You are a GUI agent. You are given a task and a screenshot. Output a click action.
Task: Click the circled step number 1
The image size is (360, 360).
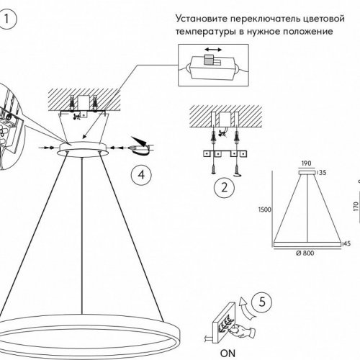click(6, 19)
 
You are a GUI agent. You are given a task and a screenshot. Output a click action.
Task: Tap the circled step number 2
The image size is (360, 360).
click(224, 187)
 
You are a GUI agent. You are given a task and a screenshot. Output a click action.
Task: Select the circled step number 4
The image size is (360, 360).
click(141, 175)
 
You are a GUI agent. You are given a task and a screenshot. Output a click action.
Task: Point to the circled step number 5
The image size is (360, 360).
click(262, 302)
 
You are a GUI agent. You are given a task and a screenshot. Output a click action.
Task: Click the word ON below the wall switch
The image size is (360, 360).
click(228, 354)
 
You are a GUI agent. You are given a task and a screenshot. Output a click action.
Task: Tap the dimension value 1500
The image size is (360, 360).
click(265, 210)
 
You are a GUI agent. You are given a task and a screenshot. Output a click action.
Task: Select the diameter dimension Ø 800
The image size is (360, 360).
click(305, 253)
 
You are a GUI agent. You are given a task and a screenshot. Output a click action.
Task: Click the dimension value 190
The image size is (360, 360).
click(306, 163)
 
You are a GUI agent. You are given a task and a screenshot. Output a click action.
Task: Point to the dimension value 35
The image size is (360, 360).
click(323, 173)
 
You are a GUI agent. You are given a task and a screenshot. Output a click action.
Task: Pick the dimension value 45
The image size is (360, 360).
click(347, 243)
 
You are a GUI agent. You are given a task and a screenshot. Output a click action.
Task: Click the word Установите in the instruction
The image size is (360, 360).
click(201, 19)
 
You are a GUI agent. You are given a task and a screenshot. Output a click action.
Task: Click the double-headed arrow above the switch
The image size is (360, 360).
click(213, 50)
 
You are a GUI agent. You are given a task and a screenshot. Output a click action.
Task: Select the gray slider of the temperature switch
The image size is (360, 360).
click(207, 59)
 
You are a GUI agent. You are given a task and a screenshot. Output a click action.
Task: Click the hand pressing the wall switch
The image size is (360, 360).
click(242, 330)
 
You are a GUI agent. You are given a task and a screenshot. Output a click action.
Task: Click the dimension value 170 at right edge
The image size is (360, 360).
click(356, 206)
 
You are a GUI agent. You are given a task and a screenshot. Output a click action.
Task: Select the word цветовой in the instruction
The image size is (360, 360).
click(324, 19)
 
